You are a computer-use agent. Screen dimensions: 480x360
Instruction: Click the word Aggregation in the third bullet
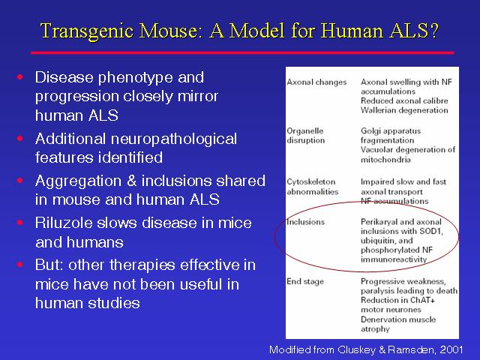78,181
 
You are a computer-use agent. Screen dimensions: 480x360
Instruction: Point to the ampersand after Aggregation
131,181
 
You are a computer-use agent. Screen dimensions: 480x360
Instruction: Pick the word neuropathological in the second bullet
174,139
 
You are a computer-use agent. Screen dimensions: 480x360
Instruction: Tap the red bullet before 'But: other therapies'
20,264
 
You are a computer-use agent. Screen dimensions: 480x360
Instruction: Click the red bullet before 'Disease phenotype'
20,76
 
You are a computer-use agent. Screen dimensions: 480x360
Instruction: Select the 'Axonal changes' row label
316,82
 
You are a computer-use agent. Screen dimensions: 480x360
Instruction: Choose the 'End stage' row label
305,282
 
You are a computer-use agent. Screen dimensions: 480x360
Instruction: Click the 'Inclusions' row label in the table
305,222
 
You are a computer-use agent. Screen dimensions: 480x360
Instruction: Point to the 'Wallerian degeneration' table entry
404,110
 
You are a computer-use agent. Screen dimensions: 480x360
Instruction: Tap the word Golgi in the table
369,131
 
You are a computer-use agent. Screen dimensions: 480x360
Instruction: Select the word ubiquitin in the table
377,241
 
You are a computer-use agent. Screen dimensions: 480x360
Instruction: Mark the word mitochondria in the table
385,160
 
